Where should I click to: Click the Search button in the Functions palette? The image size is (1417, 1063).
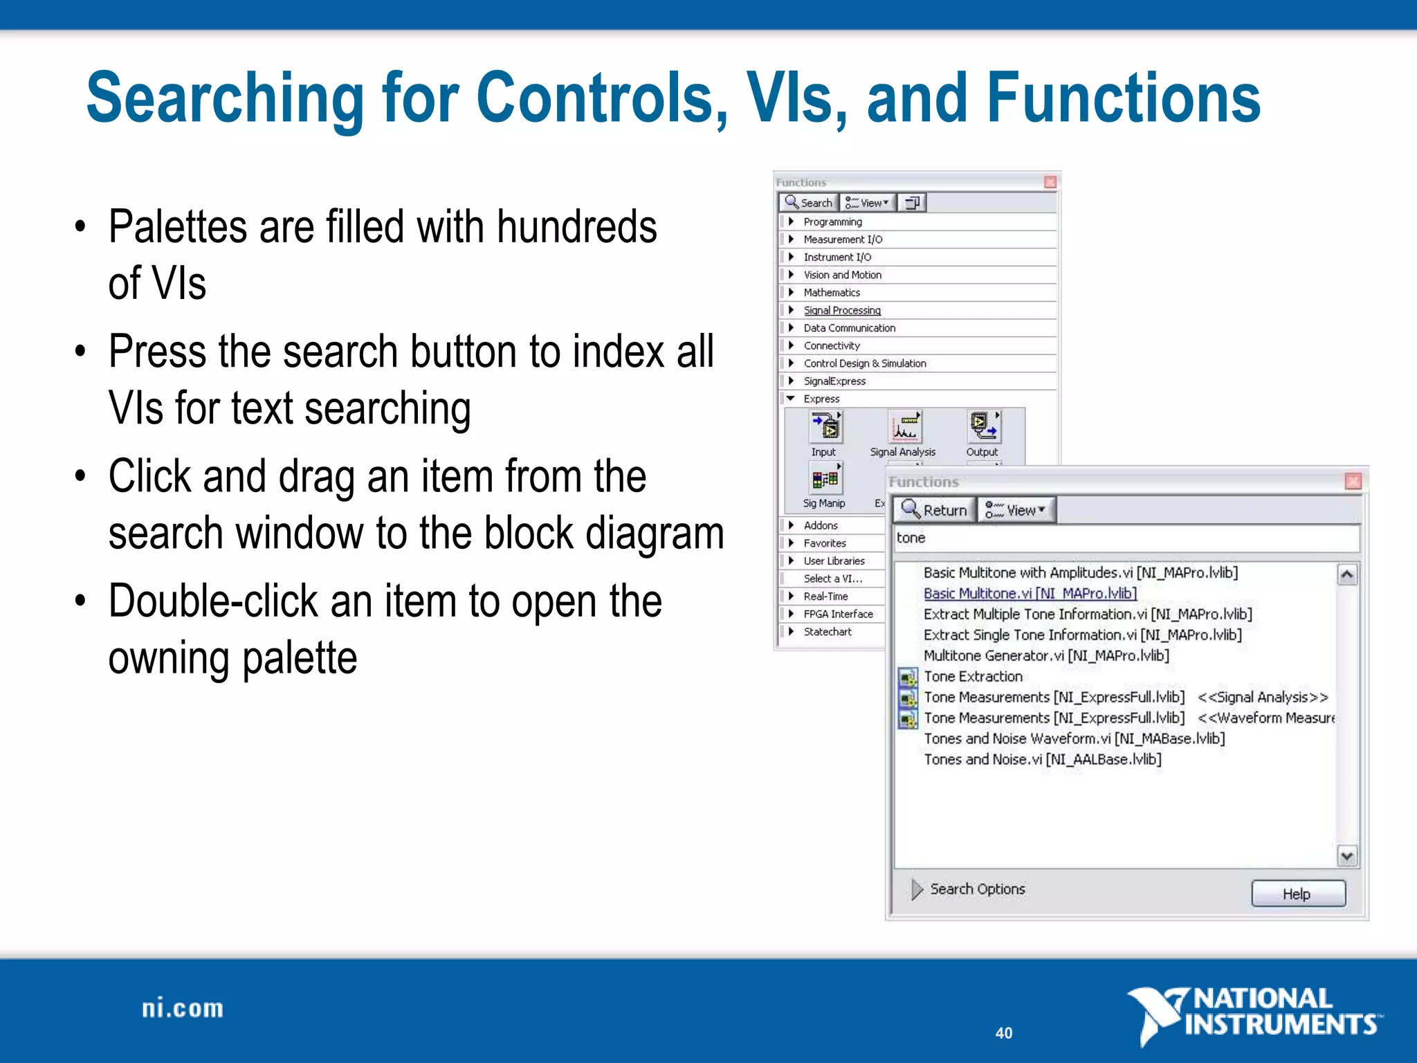coord(809,203)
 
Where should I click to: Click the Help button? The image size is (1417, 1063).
coord(1298,893)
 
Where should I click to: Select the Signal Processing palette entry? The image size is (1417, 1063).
coord(841,311)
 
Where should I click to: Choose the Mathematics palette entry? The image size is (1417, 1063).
coord(832,293)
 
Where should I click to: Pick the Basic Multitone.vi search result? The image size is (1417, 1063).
coord(1030,594)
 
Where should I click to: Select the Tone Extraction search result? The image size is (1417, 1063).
coord(973,677)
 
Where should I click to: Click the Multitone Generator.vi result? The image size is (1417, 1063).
coord(1046,656)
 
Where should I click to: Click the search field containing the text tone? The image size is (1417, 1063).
coord(1126,538)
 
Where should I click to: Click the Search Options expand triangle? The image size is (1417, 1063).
coord(917,889)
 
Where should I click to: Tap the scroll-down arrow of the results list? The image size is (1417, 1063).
coord(1346,856)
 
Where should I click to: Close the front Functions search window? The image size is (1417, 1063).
coord(1353,482)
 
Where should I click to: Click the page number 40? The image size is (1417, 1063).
coord(1004,1033)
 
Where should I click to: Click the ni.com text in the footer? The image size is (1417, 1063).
coord(183,1009)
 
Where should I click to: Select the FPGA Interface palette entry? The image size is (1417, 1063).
coord(838,614)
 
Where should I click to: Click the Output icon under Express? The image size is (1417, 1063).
coord(983,427)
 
